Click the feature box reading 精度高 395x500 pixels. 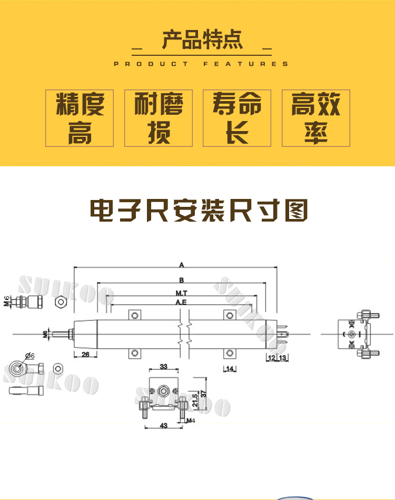coord(80,118)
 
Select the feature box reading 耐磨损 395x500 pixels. coord(159,118)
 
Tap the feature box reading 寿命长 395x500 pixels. coord(237,118)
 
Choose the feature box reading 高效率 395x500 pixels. coord(316,118)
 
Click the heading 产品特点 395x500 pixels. coord(202,40)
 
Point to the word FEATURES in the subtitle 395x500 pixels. coord(246,64)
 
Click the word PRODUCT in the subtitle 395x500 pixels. coord(151,64)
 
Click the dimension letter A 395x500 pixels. coord(181,264)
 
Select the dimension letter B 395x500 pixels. coord(181,279)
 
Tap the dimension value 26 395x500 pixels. coord(85,355)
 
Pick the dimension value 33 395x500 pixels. coord(163,366)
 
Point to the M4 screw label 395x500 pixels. coord(191,421)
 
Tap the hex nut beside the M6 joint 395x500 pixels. coord(61,302)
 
